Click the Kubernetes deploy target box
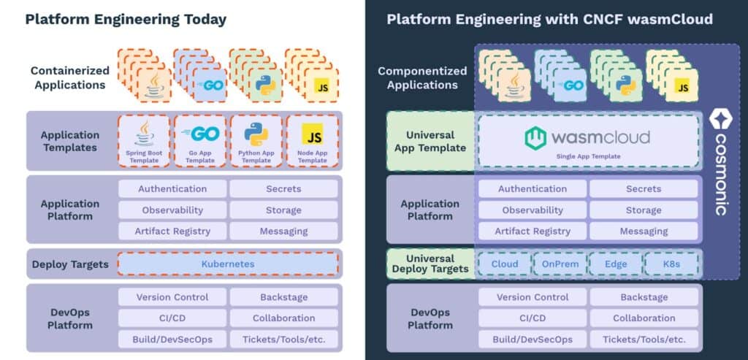click(x=228, y=264)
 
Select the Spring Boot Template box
click(x=144, y=142)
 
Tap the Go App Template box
click(x=199, y=142)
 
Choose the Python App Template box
click(x=256, y=142)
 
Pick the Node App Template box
click(x=313, y=142)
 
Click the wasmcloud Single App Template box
click(x=587, y=142)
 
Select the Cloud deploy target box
click(x=504, y=264)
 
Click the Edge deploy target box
click(x=615, y=264)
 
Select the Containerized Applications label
click(x=70, y=78)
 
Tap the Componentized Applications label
click(x=422, y=78)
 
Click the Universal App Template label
click(x=430, y=142)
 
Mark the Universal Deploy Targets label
click(x=430, y=264)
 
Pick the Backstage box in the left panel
click(x=283, y=297)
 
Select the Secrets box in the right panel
click(x=644, y=189)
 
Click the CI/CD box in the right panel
click(x=533, y=318)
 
